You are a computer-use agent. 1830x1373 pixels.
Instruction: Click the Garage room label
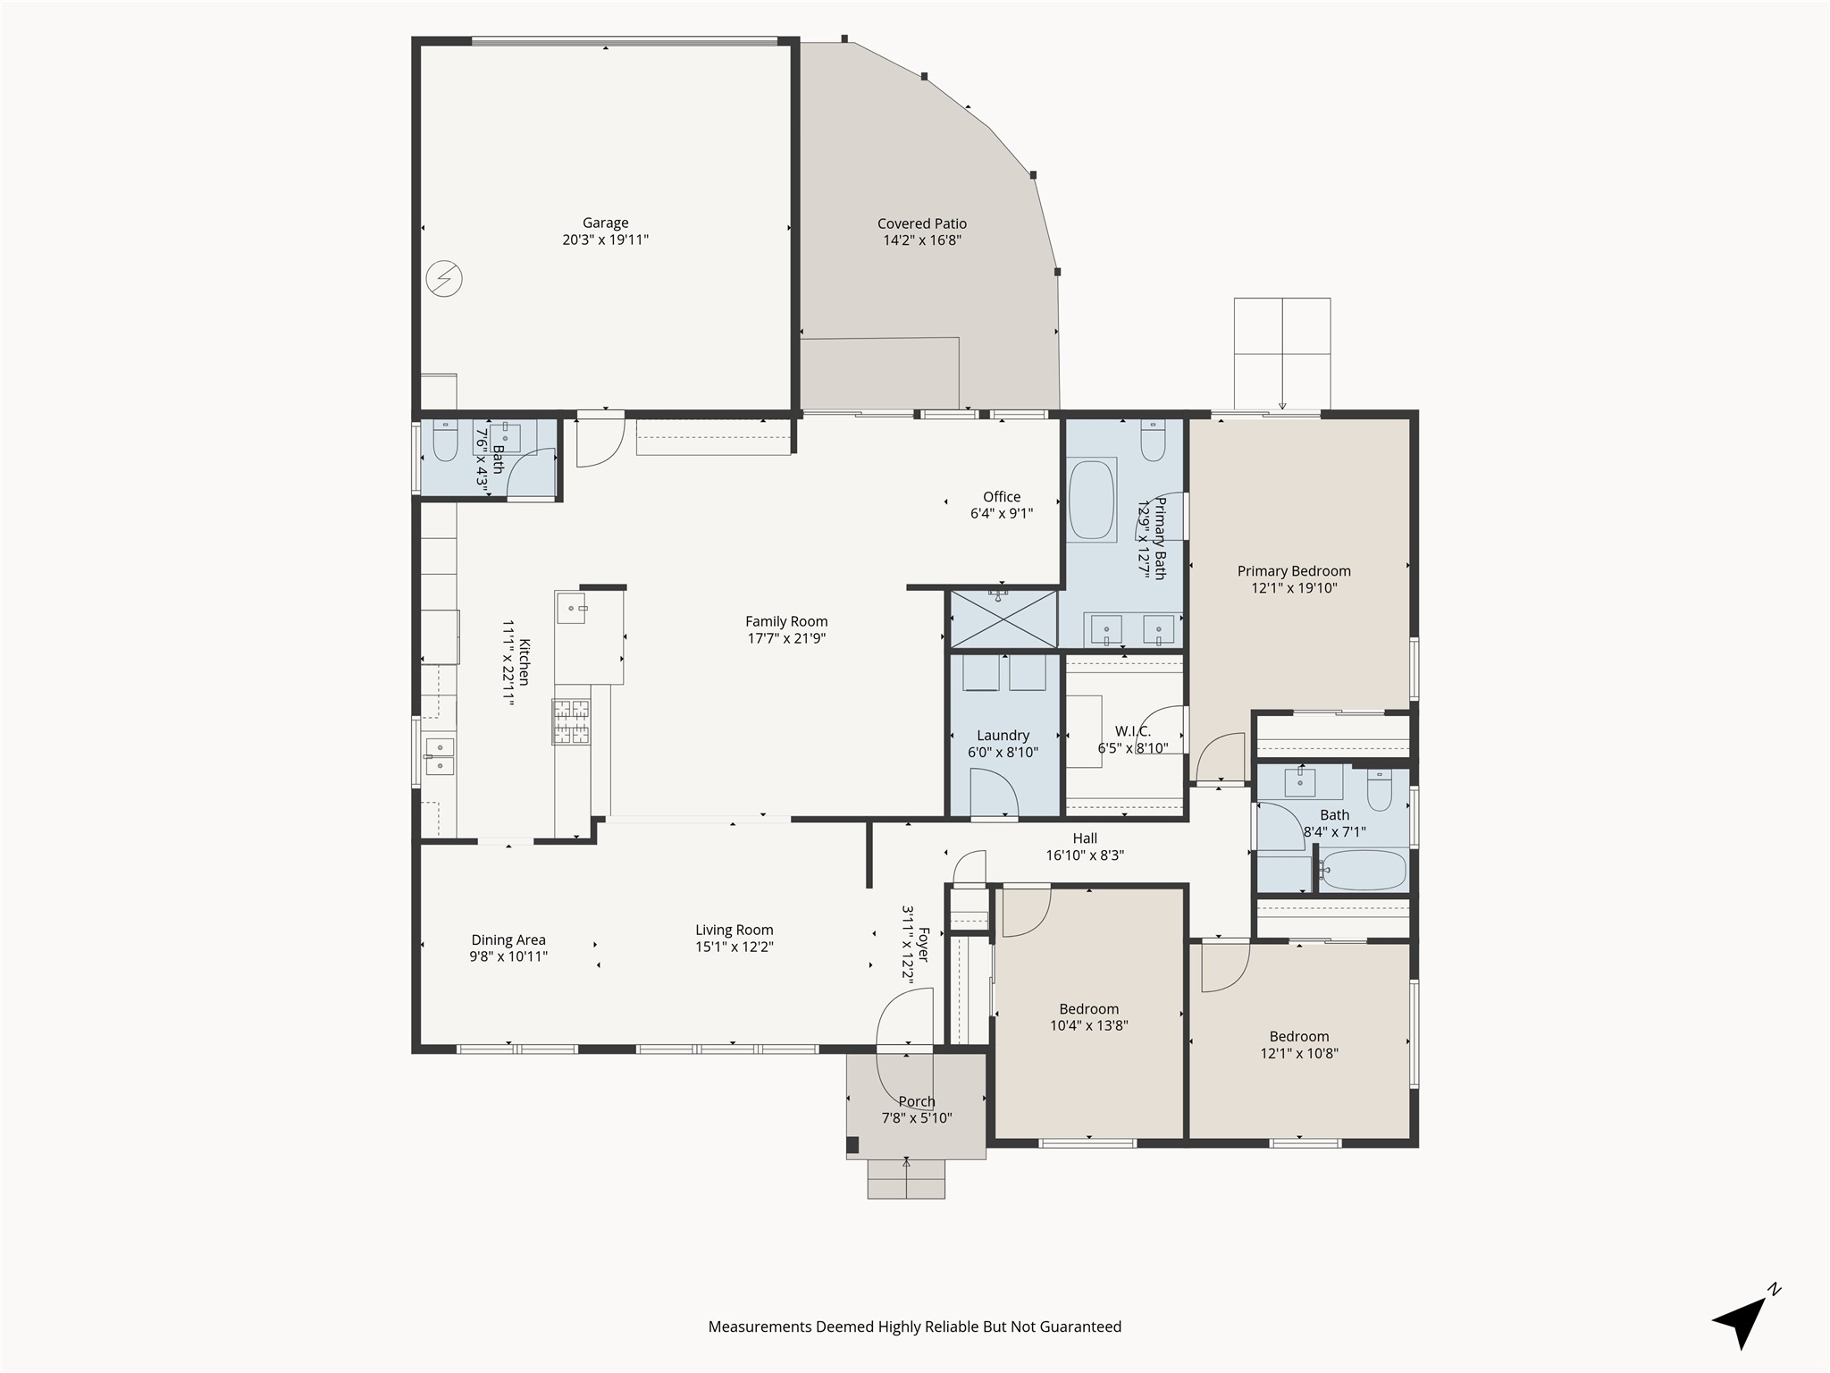pos(605,223)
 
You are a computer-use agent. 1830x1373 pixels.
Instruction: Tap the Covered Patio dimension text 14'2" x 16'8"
pos(922,240)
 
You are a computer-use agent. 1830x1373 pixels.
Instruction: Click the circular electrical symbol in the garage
pos(444,278)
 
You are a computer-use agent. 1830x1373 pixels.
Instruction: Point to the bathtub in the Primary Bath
pos(1091,500)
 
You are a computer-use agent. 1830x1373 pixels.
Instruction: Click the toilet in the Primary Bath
pos(1153,440)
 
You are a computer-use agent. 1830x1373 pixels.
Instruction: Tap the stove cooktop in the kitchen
pos(571,722)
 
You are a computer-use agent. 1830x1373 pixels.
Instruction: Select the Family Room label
pos(786,621)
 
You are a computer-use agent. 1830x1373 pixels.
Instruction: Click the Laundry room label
pos(1003,736)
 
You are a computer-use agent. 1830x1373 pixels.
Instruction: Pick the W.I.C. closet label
pos(1133,731)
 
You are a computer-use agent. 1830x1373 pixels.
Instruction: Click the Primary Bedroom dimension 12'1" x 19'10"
pos(1294,588)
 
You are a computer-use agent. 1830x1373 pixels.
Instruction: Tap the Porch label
pos(917,1101)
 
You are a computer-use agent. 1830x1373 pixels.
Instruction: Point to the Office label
pos(1002,497)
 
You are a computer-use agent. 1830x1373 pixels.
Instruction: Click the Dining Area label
pos(508,939)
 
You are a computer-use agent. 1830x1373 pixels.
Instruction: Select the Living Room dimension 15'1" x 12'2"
pos(735,947)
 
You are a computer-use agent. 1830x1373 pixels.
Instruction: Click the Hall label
pos(1085,838)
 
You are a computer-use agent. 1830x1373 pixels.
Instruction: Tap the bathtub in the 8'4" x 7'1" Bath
pos(1363,870)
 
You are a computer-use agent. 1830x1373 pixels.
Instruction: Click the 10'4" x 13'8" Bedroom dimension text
pos(1089,1026)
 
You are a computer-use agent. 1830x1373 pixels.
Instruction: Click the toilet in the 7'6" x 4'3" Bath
pos(445,441)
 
